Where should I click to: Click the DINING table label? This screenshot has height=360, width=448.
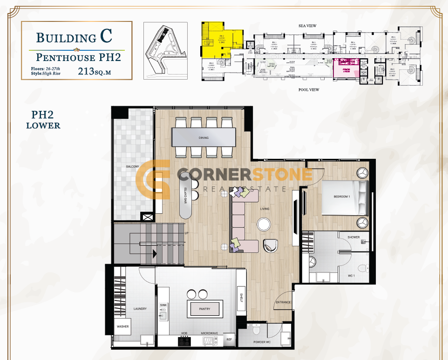(203, 138)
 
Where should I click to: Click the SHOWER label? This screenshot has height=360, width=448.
(353, 237)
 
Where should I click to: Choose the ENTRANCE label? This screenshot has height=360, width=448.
(283, 303)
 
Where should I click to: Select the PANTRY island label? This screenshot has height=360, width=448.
(204, 309)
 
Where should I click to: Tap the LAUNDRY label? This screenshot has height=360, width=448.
(140, 309)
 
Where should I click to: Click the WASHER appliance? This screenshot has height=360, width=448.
(123, 326)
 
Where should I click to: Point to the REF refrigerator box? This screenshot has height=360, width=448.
(229, 340)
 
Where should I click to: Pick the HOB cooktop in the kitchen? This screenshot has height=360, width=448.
(185, 340)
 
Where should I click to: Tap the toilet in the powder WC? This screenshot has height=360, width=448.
(254, 330)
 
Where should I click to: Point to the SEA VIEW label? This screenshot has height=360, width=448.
(307, 26)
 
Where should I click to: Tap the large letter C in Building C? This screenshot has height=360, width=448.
(106, 38)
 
